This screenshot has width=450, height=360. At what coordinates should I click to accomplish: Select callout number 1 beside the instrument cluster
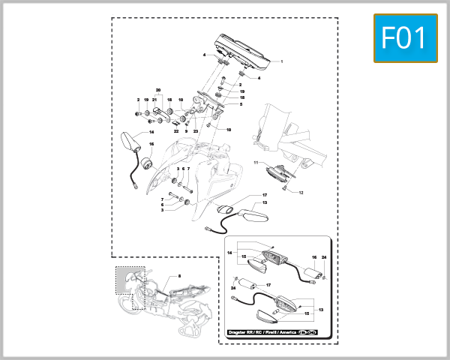click(x=281, y=61)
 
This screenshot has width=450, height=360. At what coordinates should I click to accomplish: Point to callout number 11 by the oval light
click(x=255, y=162)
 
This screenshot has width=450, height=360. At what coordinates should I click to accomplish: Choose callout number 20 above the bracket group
click(x=158, y=91)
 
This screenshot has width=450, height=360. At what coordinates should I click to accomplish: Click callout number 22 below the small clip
click(x=176, y=131)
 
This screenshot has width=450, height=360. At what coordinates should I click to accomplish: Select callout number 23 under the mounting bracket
click(x=195, y=131)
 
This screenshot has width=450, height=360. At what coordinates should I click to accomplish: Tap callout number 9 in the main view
click(x=186, y=131)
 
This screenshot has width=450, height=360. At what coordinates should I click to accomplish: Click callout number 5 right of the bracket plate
click(x=241, y=104)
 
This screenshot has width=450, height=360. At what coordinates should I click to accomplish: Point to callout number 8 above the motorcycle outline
click(x=179, y=277)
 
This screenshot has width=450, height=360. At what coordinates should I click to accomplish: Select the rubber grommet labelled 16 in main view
click(x=147, y=164)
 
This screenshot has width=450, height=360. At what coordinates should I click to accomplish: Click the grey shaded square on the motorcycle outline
click(x=130, y=279)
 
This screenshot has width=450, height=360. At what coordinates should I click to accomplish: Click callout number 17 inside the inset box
click(x=268, y=285)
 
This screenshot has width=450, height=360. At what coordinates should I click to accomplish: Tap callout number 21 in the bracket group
click(x=154, y=99)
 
